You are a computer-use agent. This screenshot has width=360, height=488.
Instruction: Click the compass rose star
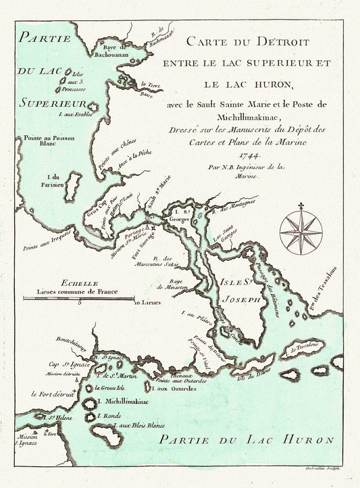pyautogui.click(x=301, y=232)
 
